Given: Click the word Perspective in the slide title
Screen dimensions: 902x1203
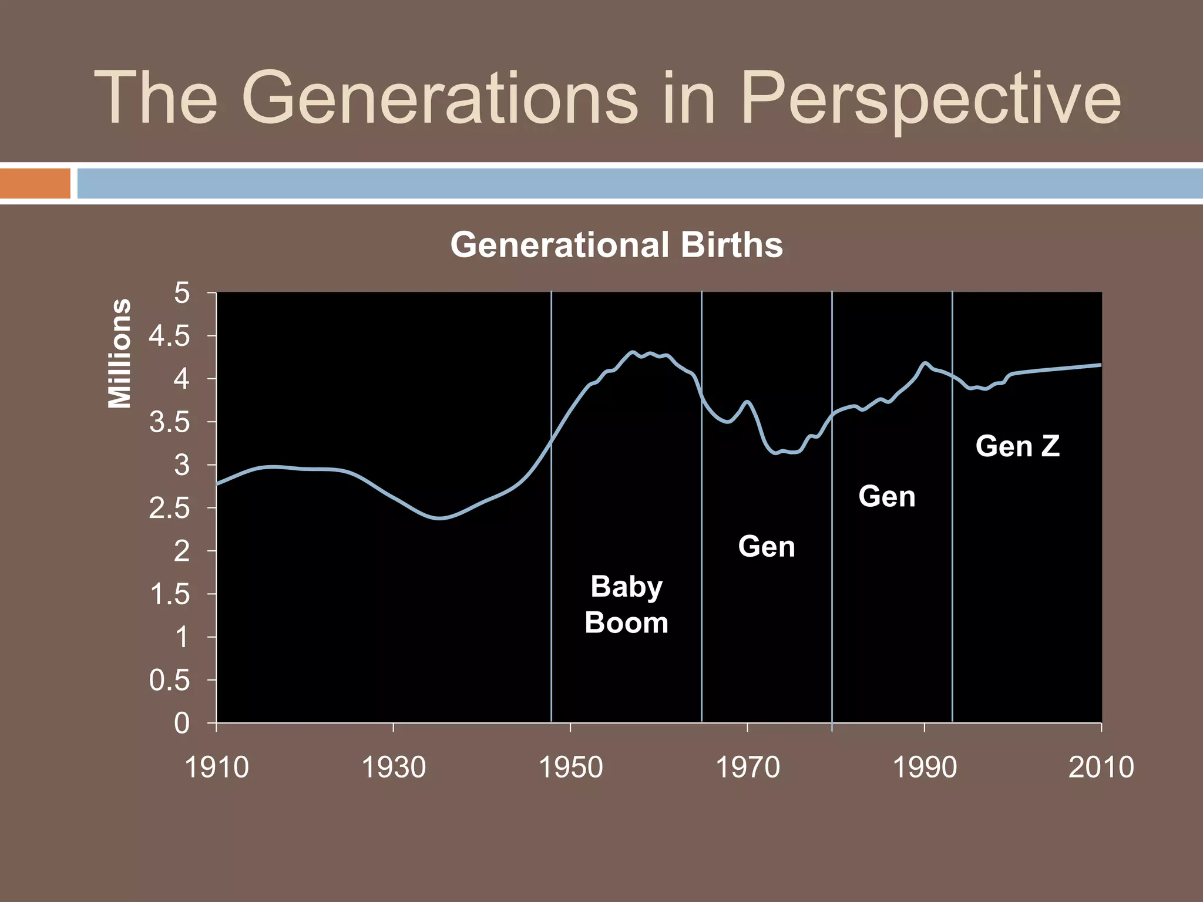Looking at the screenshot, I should (930, 99).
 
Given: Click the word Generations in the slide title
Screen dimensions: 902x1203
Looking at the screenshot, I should (439, 99).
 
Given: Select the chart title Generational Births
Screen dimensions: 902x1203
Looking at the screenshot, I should (616, 245).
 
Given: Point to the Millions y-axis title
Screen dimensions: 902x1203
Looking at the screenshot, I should (120, 354).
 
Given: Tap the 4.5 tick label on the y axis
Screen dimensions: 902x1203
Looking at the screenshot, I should (169, 336).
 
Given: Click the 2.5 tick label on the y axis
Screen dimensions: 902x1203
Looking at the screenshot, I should (169, 509).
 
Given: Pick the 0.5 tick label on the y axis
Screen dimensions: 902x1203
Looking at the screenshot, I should (169, 681).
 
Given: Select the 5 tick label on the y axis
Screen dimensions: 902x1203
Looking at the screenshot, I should (182, 293).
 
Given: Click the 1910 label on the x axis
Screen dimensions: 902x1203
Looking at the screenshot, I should (217, 767).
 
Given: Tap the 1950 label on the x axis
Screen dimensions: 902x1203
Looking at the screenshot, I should (570, 767).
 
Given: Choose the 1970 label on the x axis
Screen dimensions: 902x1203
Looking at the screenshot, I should (747, 767).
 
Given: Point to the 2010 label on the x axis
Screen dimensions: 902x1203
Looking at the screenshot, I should (1101, 767).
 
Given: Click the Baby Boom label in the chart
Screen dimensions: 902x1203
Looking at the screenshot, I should (626, 604).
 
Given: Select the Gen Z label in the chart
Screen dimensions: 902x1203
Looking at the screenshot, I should (1017, 446).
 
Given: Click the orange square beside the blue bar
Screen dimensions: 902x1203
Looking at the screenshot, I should (35, 183).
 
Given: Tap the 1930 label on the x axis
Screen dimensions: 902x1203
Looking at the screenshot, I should (394, 767).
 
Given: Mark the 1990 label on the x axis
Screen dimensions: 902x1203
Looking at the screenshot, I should (924, 767).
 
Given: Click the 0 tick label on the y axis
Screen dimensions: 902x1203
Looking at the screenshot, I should (182, 723).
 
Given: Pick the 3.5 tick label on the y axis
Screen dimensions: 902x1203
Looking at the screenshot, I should (169, 423).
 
